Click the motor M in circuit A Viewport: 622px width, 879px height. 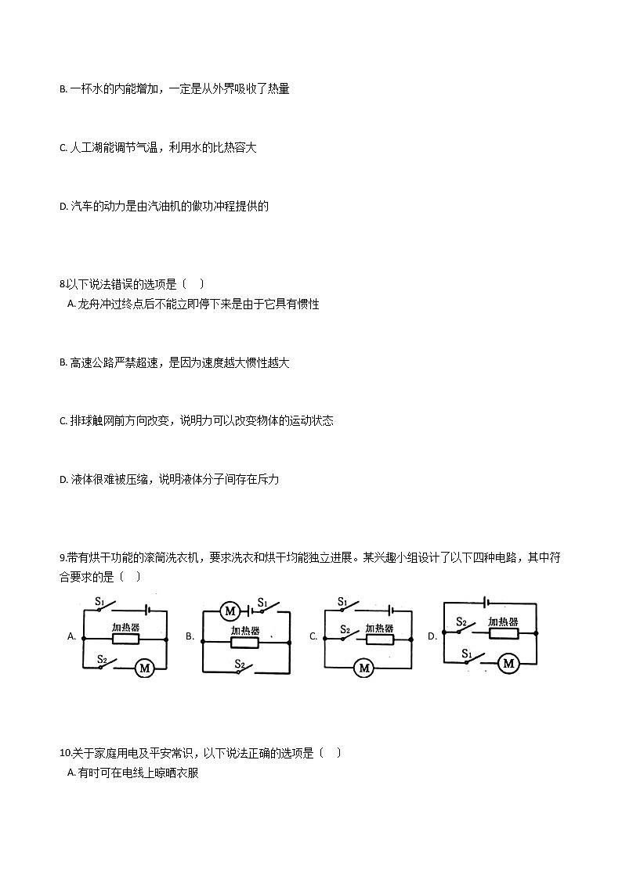click(144, 668)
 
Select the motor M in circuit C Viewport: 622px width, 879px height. click(363, 668)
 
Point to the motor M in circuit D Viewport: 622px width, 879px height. click(509, 664)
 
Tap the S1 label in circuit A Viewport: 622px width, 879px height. click(100, 601)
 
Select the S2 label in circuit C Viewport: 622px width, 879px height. click(345, 629)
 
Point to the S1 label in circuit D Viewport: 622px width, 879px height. click(466, 653)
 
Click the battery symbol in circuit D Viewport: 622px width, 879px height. click(488, 603)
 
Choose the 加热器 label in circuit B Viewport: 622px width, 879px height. click(245, 632)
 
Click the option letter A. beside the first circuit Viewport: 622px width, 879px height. click(71, 637)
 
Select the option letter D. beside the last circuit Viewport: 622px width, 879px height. click(432, 636)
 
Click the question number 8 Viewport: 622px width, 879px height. click(62, 284)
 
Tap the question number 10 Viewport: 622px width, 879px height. click(64, 753)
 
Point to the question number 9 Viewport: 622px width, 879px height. click(62, 558)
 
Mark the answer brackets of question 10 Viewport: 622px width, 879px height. click(330, 753)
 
